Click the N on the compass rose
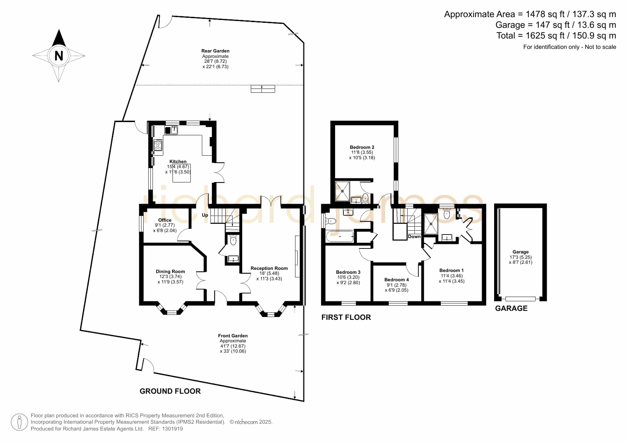59,56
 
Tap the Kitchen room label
178,162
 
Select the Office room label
165,220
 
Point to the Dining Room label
170,271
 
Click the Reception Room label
269,268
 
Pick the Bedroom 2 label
362,147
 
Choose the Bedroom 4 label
397,280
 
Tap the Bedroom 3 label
348,272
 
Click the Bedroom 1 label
452,270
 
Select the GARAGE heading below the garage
511,308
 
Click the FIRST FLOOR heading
346,317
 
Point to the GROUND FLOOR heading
170,391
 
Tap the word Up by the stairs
205,215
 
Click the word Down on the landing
414,237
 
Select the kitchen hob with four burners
158,145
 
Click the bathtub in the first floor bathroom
340,236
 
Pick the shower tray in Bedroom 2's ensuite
343,191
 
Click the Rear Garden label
215,51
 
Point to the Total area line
556,36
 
